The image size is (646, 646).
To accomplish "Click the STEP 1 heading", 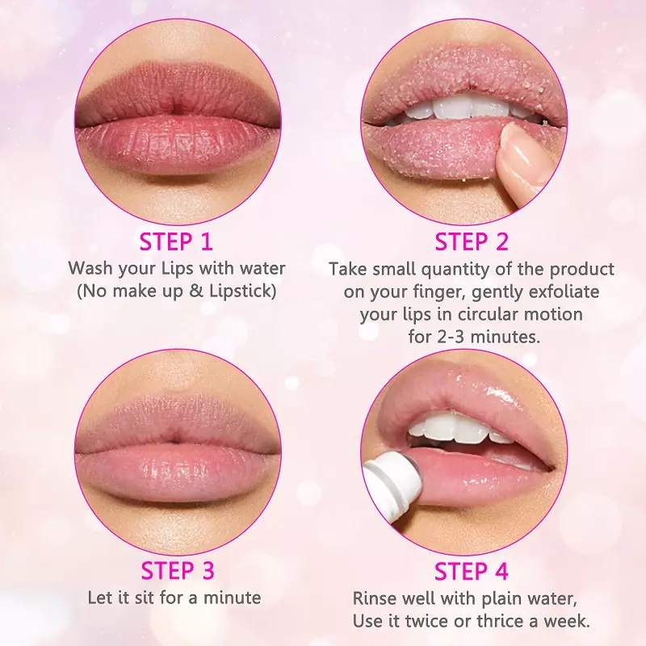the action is click(176, 241).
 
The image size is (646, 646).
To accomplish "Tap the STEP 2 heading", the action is click(472, 241).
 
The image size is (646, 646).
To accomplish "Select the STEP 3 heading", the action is click(178, 571).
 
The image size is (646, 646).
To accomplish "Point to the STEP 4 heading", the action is click(472, 571).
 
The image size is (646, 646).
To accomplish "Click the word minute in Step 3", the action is click(233, 598).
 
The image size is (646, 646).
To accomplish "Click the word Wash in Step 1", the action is click(90, 268).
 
